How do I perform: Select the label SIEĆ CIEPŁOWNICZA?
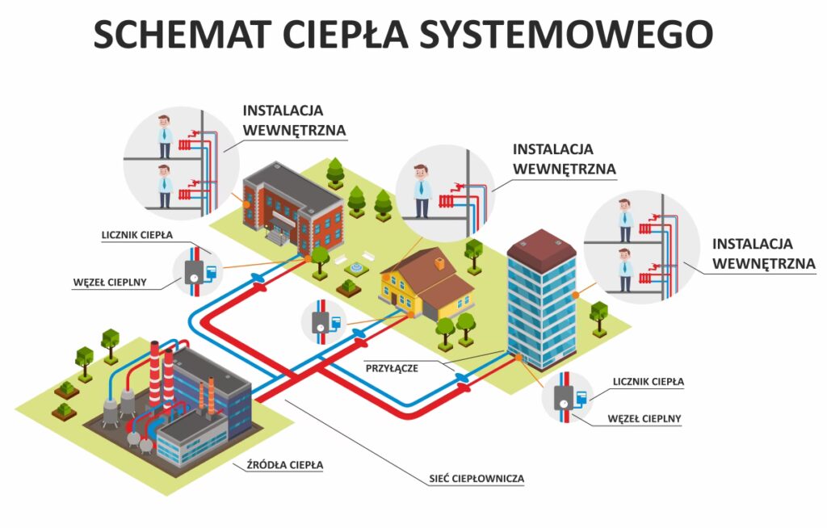pyautogui.click(x=476, y=479)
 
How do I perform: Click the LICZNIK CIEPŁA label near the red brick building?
pyautogui.click(x=149, y=235)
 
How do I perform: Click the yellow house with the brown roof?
pyautogui.click(x=424, y=284)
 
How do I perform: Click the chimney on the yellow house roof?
pyautogui.click(x=439, y=262)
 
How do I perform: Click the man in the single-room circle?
pyautogui.click(x=420, y=191)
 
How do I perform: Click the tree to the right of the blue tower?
pyautogui.click(x=598, y=315)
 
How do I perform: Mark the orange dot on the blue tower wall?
pyautogui.click(x=575, y=295)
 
